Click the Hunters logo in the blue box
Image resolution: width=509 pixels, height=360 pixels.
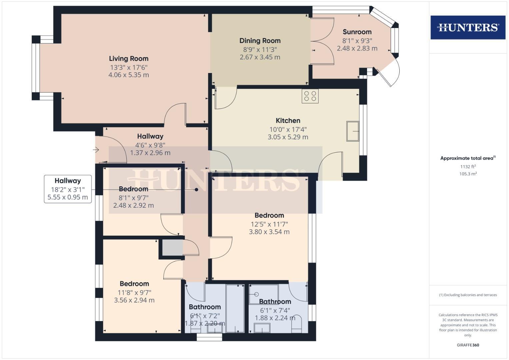click(468, 27)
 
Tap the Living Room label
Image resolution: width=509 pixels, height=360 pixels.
click(129, 59)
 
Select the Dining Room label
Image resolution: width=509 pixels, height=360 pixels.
click(260, 41)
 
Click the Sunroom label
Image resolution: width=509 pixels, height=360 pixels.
click(357, 32)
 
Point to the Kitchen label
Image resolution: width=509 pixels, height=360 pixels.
click(288, 121)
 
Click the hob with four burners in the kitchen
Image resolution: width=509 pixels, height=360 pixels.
click(310, 96)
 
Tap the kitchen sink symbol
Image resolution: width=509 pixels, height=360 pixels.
click(352, 131)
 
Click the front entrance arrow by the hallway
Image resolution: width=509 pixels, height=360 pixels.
click(96, 150)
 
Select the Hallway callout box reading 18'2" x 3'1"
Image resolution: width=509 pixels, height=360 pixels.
click(68, 189)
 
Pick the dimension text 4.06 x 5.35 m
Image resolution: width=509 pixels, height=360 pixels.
click(129, 75)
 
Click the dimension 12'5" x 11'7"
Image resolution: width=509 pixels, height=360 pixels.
click(269, 224)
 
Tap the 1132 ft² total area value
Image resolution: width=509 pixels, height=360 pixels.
click(468, 167)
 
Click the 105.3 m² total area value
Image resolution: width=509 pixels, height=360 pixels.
click(468, 174)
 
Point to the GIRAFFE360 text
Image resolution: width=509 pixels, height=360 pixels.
click(468, 345)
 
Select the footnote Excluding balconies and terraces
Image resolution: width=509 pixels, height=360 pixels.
click(468, 295)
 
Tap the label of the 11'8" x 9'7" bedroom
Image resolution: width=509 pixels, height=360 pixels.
click(134, 284)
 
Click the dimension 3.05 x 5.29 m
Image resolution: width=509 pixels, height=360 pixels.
click(288, 137)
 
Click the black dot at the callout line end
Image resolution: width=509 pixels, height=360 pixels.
click(197, 190)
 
